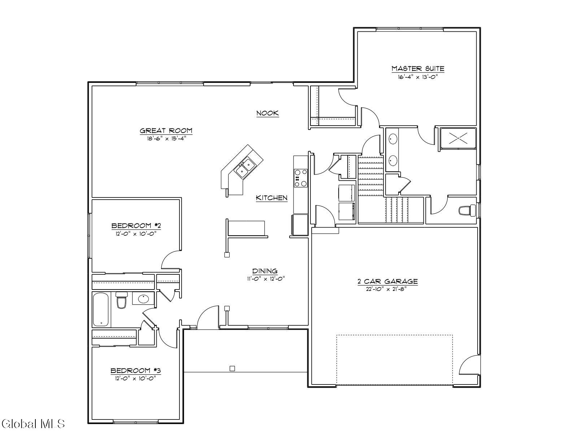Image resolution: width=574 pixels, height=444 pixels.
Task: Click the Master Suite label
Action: click(418, 69)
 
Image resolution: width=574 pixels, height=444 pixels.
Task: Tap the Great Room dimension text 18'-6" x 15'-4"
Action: click(167, 138)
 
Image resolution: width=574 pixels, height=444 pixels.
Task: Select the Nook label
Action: click(268, 113)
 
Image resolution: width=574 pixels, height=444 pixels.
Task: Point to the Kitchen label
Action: click(271, 198)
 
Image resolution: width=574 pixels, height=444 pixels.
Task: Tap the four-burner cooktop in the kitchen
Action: click(301, 178)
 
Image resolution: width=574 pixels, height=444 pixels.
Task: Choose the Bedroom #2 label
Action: click(136, 226)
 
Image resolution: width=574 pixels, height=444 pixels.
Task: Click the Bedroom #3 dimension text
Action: click(135, 378)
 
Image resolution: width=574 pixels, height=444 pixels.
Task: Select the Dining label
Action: click(265, 271)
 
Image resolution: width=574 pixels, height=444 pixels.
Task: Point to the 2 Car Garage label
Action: click(388, 282)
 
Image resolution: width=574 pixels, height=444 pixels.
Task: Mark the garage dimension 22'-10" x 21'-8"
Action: click(386, 289)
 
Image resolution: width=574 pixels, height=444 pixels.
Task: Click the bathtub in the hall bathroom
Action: click(101, 309)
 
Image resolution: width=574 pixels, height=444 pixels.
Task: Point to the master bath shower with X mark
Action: click(458, 138)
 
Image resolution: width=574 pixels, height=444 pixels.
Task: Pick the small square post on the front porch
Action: click(232, 368)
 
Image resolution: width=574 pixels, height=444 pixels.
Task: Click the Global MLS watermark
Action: click(33, 424)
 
